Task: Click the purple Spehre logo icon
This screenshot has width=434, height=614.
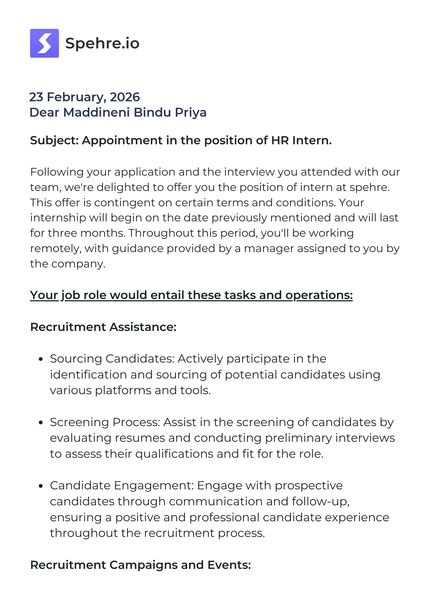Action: point(44,43)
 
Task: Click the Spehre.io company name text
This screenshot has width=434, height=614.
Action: point(102,43)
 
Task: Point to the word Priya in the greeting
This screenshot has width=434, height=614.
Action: point(191,112)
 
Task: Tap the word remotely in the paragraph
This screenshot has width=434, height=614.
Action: point(56,248)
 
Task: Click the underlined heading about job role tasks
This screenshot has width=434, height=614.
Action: point(191,295)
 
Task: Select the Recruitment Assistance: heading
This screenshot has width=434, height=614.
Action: point(103,327)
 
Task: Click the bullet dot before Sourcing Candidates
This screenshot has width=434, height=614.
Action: point(41,359)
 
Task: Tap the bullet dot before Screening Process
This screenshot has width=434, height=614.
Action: point(41,423)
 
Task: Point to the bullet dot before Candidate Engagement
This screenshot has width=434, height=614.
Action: point(41,486)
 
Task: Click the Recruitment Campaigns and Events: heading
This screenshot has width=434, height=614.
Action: point(140,565)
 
